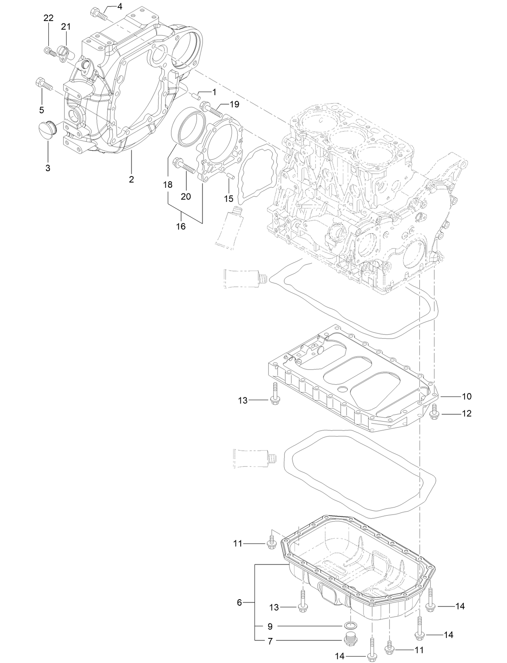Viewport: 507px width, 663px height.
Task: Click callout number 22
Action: [x=48, y=18]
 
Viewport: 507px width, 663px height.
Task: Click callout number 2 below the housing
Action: [x=131, y=179]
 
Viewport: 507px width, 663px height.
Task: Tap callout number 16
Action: [x=181, y=227]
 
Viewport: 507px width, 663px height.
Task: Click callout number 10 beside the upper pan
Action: [x=466, y=397]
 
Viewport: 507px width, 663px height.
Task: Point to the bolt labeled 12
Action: [x=434, y=412]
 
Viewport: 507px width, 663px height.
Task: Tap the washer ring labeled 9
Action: [x=351, y=626]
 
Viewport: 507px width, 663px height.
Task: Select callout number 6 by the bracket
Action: [x=239, y=602]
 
